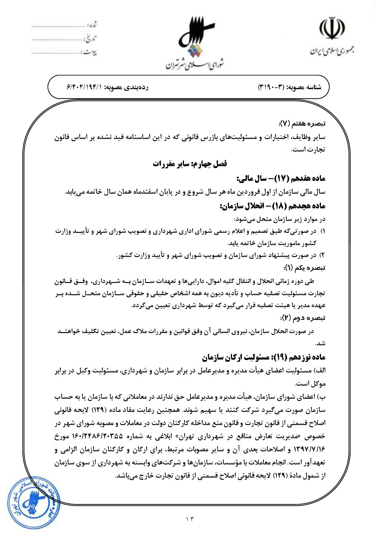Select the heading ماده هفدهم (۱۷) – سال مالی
pos(281,178)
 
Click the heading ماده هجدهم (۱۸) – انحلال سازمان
pos(272,206)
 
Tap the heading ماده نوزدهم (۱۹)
pos(263,357)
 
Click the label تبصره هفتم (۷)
pos(302,124)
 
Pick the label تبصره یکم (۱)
pos(304,268)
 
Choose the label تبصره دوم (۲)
pos(303,318)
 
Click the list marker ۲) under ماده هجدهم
pos(322,255)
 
